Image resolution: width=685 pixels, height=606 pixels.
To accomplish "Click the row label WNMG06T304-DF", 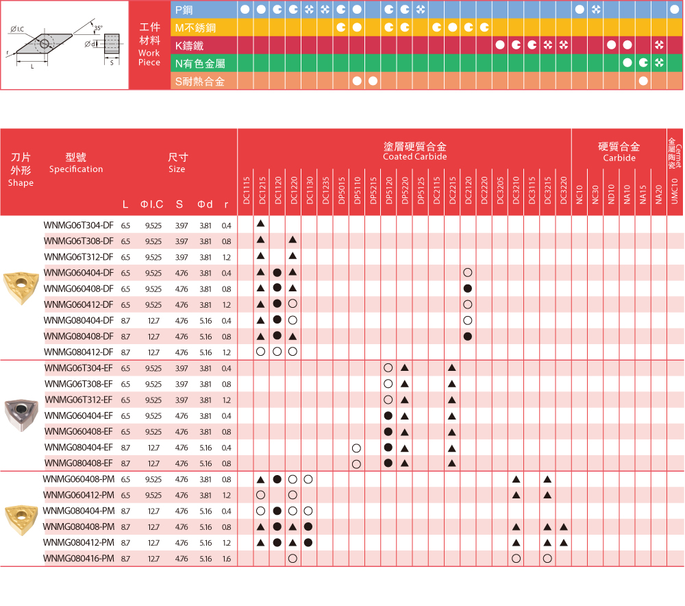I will coord(79,225).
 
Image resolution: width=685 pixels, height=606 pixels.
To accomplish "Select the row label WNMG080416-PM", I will coord(78,559).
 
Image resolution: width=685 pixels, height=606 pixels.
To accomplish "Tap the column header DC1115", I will coord(246,190).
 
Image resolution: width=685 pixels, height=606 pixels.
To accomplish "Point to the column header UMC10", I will coord(675,190).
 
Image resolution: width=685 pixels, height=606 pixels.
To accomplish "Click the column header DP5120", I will coord(388,190).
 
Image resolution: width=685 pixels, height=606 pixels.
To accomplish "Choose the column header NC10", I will coord(580,190).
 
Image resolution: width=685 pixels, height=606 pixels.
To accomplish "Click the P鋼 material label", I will coord(185,10).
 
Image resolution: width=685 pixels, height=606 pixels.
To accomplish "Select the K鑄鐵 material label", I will coord(190,46).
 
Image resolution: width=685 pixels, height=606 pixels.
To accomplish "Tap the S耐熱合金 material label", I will coord(199,82).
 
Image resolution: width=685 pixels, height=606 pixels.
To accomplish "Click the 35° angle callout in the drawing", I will coord(99,28).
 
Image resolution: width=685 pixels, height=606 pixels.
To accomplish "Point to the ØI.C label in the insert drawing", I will coord(18,28).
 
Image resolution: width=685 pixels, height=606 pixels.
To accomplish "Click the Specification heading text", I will coord(76,169).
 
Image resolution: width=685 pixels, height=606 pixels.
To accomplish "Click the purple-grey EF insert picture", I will coord(21,415).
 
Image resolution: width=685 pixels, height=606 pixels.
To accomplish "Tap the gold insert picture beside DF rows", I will coord(21,288).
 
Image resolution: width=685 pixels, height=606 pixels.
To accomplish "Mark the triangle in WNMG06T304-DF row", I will coord(261,224).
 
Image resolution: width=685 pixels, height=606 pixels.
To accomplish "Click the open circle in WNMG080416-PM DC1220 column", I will coord(292,559).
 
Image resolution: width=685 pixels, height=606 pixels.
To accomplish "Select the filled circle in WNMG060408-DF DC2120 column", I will coord(468,289).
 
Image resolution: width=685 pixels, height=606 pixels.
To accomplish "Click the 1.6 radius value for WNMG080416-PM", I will coord(226,559).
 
